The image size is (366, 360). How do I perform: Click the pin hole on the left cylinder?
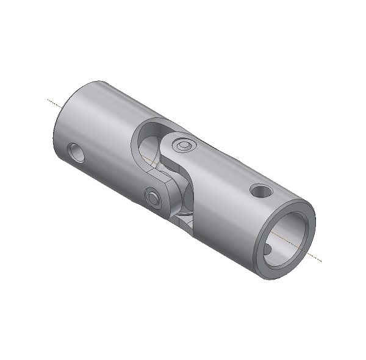(x=77, y=153)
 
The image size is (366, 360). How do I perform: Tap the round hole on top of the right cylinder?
(x=260, y=192)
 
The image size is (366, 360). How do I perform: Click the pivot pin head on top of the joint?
(x=183, y=145)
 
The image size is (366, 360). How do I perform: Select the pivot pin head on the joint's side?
(x=152, y=197)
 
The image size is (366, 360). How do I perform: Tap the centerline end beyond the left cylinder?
(x=49, y=99)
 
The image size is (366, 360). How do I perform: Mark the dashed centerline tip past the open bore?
(x=320, y=261)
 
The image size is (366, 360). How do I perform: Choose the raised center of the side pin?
(x=152, y=197)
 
